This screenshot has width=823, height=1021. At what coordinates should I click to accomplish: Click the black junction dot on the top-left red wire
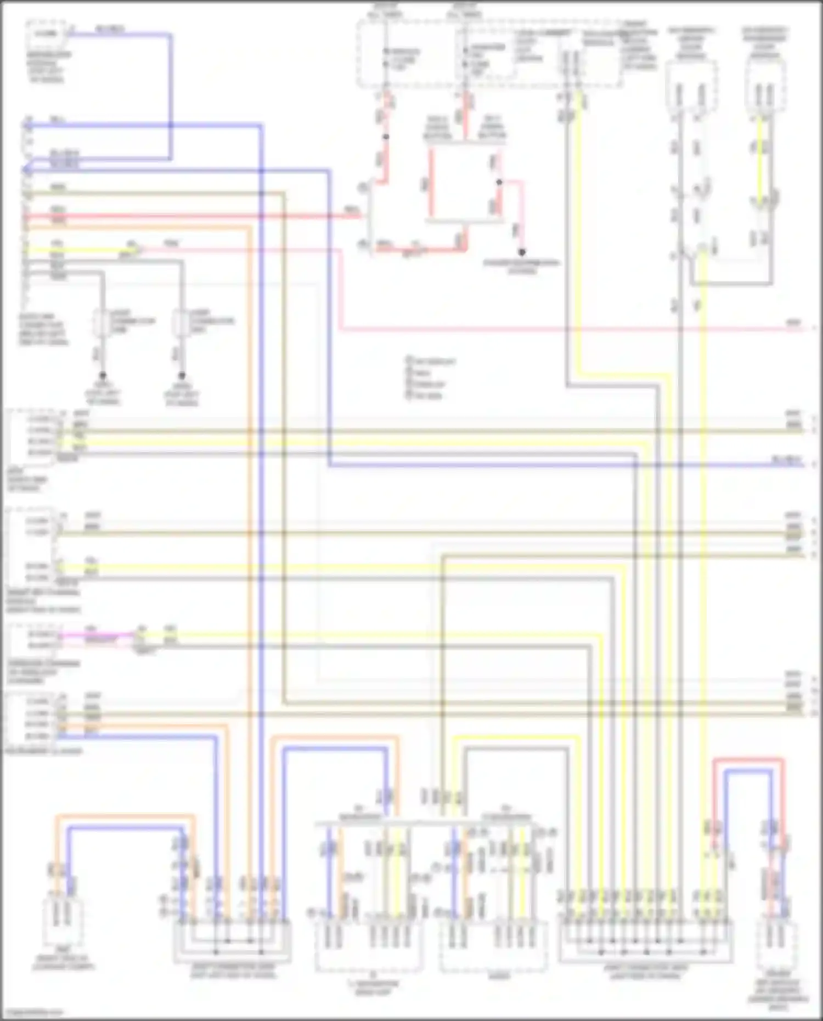tap(386, 137)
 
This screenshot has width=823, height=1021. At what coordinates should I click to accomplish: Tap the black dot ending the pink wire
tap(522, 252)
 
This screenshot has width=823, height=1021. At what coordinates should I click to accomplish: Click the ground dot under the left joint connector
tap(102, 376)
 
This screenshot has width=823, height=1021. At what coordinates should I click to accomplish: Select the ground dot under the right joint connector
tap(182, 376)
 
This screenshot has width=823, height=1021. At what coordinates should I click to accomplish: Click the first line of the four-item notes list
tap(431, 362)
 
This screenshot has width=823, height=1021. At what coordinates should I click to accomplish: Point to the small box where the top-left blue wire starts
tap(46, 33)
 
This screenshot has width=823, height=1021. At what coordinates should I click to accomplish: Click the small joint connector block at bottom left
tap(232, 943)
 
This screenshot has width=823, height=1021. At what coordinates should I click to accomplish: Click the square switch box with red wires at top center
tap(465, 184)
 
